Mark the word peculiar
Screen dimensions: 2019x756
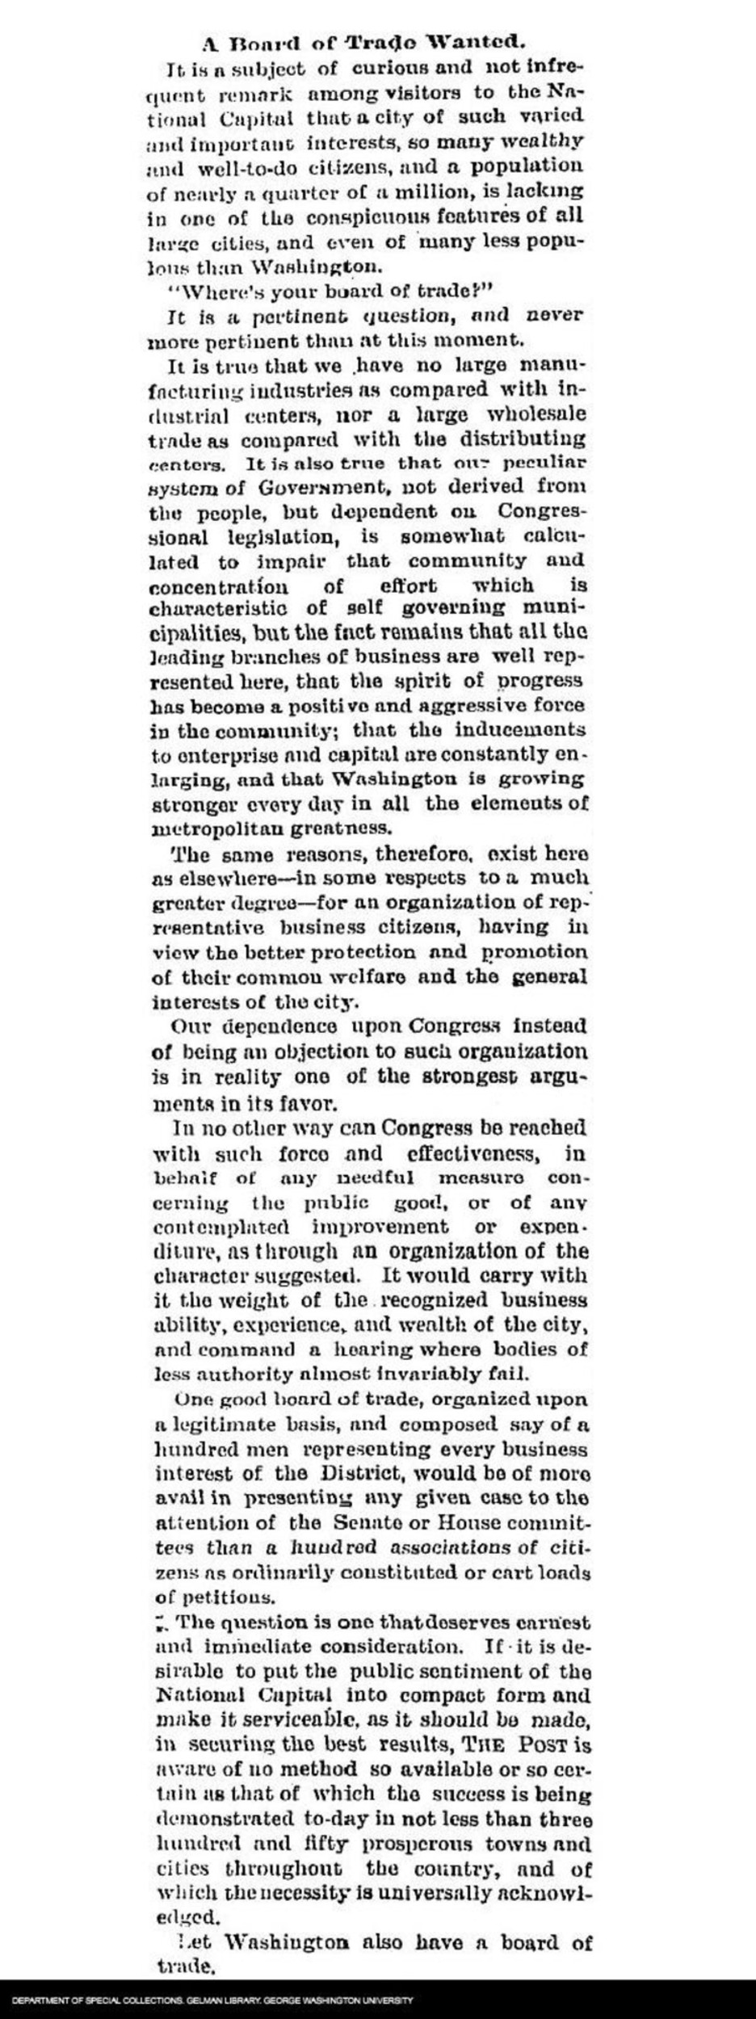pos(544,464)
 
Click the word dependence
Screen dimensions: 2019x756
pos(267,1027)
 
